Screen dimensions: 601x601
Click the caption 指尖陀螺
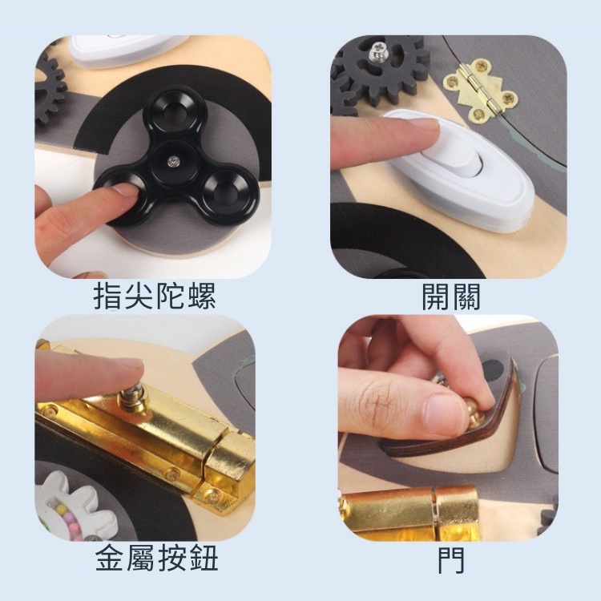(x=155, y=297)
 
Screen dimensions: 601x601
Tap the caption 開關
(x=450, y=297)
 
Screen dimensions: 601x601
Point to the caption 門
(x=450, y=559)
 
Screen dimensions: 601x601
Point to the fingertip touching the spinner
(x=120, y=193)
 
